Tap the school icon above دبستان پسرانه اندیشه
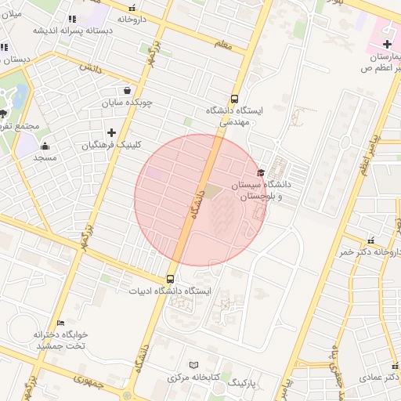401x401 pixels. pyautogui.click(x=71, y=19)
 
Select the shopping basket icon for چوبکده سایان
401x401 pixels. pyautogui.click(x=127, y=90)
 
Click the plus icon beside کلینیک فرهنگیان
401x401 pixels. pyautogui.click(x=111, y=132)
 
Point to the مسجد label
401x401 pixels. pyautogui.click(x=45, y=158)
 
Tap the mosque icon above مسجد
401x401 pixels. pyautogui.click(x=45, y=146)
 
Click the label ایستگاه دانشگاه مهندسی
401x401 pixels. pyautogui.click(x=235, y=116)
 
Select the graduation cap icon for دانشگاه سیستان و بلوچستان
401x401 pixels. pyautogui.click(x=260, y=173)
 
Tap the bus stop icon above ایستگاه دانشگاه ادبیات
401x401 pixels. pyautogui.click(x=170, y=279)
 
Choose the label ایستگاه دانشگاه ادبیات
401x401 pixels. pyautogui.click(x=170, y=291)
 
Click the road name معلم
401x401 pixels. pyautogui.click(x=224, y=45)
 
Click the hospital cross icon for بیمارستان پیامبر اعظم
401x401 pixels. pyautogui.click(x=386, y=44)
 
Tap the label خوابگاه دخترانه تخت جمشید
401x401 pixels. pyautogui.click(x=61, y=339)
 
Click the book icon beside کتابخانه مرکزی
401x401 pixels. pyautogui.click(x=194, y=365)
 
